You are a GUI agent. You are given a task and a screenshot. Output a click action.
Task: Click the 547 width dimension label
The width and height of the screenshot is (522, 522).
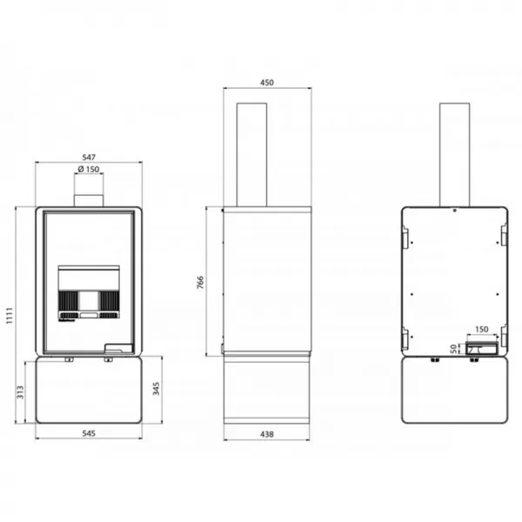click(89, 157)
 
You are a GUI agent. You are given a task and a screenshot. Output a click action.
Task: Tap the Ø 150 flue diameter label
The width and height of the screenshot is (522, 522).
click(89, 169)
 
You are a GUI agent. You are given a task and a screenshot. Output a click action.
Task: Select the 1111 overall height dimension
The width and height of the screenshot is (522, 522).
click(10, 315)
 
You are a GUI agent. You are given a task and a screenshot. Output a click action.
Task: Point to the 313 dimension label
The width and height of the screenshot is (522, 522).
click(20, 392)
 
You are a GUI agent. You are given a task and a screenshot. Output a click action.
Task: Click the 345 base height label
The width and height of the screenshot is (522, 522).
click(156, 389)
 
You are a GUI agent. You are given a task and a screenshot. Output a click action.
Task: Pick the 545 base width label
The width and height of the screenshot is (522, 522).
click(89, 433)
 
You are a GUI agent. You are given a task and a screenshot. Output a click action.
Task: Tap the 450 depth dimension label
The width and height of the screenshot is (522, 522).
click(267, 83)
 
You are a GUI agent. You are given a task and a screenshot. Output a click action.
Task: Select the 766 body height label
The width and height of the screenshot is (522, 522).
click(200, 282)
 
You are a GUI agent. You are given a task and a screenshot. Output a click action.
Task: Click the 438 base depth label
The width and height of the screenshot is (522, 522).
click(267, 434)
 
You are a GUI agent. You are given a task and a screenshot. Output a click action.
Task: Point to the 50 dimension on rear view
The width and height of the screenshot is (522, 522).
click(453, 349)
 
